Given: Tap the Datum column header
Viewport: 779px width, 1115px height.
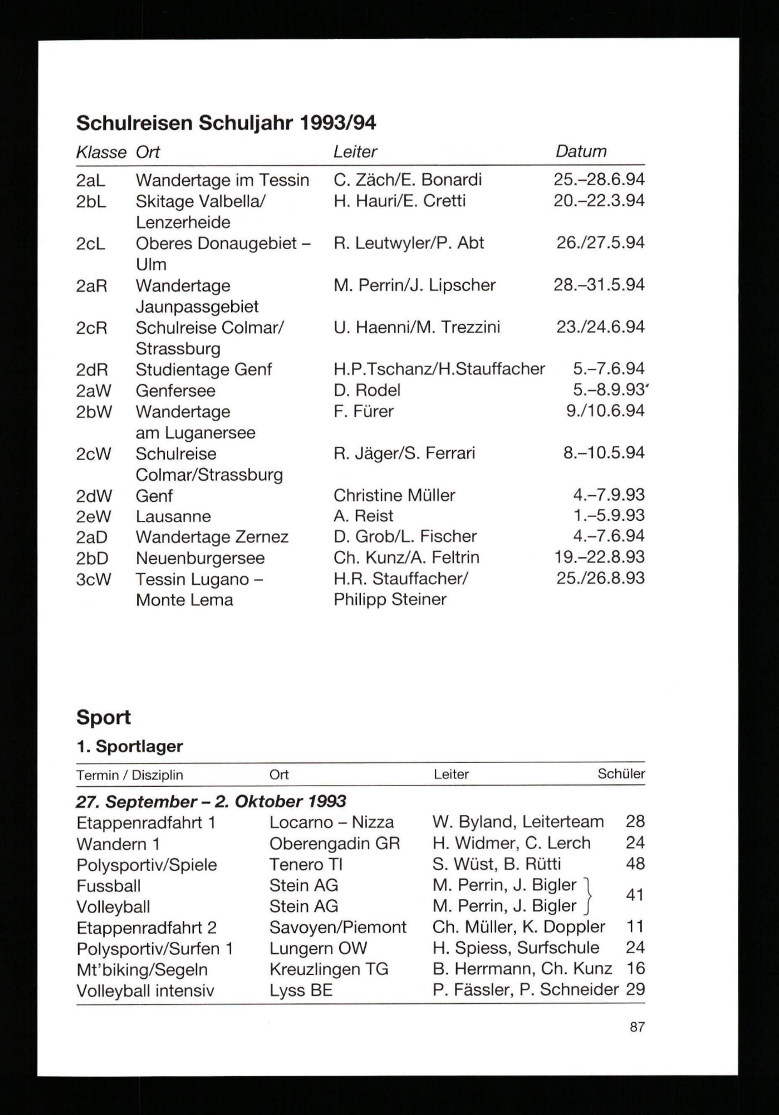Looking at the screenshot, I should click(581, 151).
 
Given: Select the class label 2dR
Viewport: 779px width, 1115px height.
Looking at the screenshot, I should click(92, 370).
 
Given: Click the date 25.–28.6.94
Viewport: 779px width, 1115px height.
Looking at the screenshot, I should click(599, 180).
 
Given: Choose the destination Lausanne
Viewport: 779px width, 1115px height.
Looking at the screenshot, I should click(173, 516).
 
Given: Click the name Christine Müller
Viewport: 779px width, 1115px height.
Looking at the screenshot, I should click(394, 495).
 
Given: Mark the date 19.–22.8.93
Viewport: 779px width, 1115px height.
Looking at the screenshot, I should click(599, 557).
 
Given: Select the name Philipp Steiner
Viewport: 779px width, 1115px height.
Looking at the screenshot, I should click(389, 599).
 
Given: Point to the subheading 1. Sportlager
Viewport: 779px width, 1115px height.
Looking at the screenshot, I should click(130, 747).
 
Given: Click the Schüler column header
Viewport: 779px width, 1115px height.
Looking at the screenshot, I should click(621, 774).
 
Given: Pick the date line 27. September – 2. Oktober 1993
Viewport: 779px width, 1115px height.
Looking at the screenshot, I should click(211, 801).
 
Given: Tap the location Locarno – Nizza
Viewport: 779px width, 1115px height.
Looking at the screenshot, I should click(331, 822).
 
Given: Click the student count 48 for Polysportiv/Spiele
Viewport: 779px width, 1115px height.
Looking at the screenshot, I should click(635, 863).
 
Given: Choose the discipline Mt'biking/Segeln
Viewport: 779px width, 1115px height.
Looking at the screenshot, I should click(142, 970).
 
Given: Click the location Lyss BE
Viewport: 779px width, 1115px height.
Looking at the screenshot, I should click(301, 990).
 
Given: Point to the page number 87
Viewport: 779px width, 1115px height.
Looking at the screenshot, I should click(637, 1027).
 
